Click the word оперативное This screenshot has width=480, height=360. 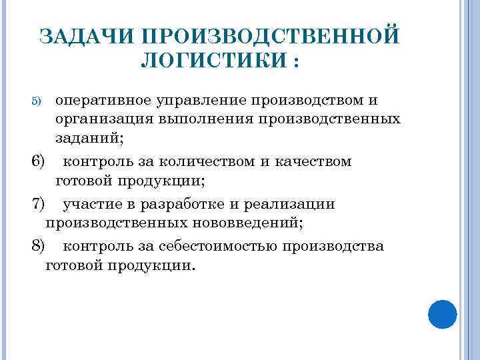pyautogui.click(x=105, y=101)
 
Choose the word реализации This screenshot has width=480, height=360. pyautogui.click(x=293, y=204)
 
